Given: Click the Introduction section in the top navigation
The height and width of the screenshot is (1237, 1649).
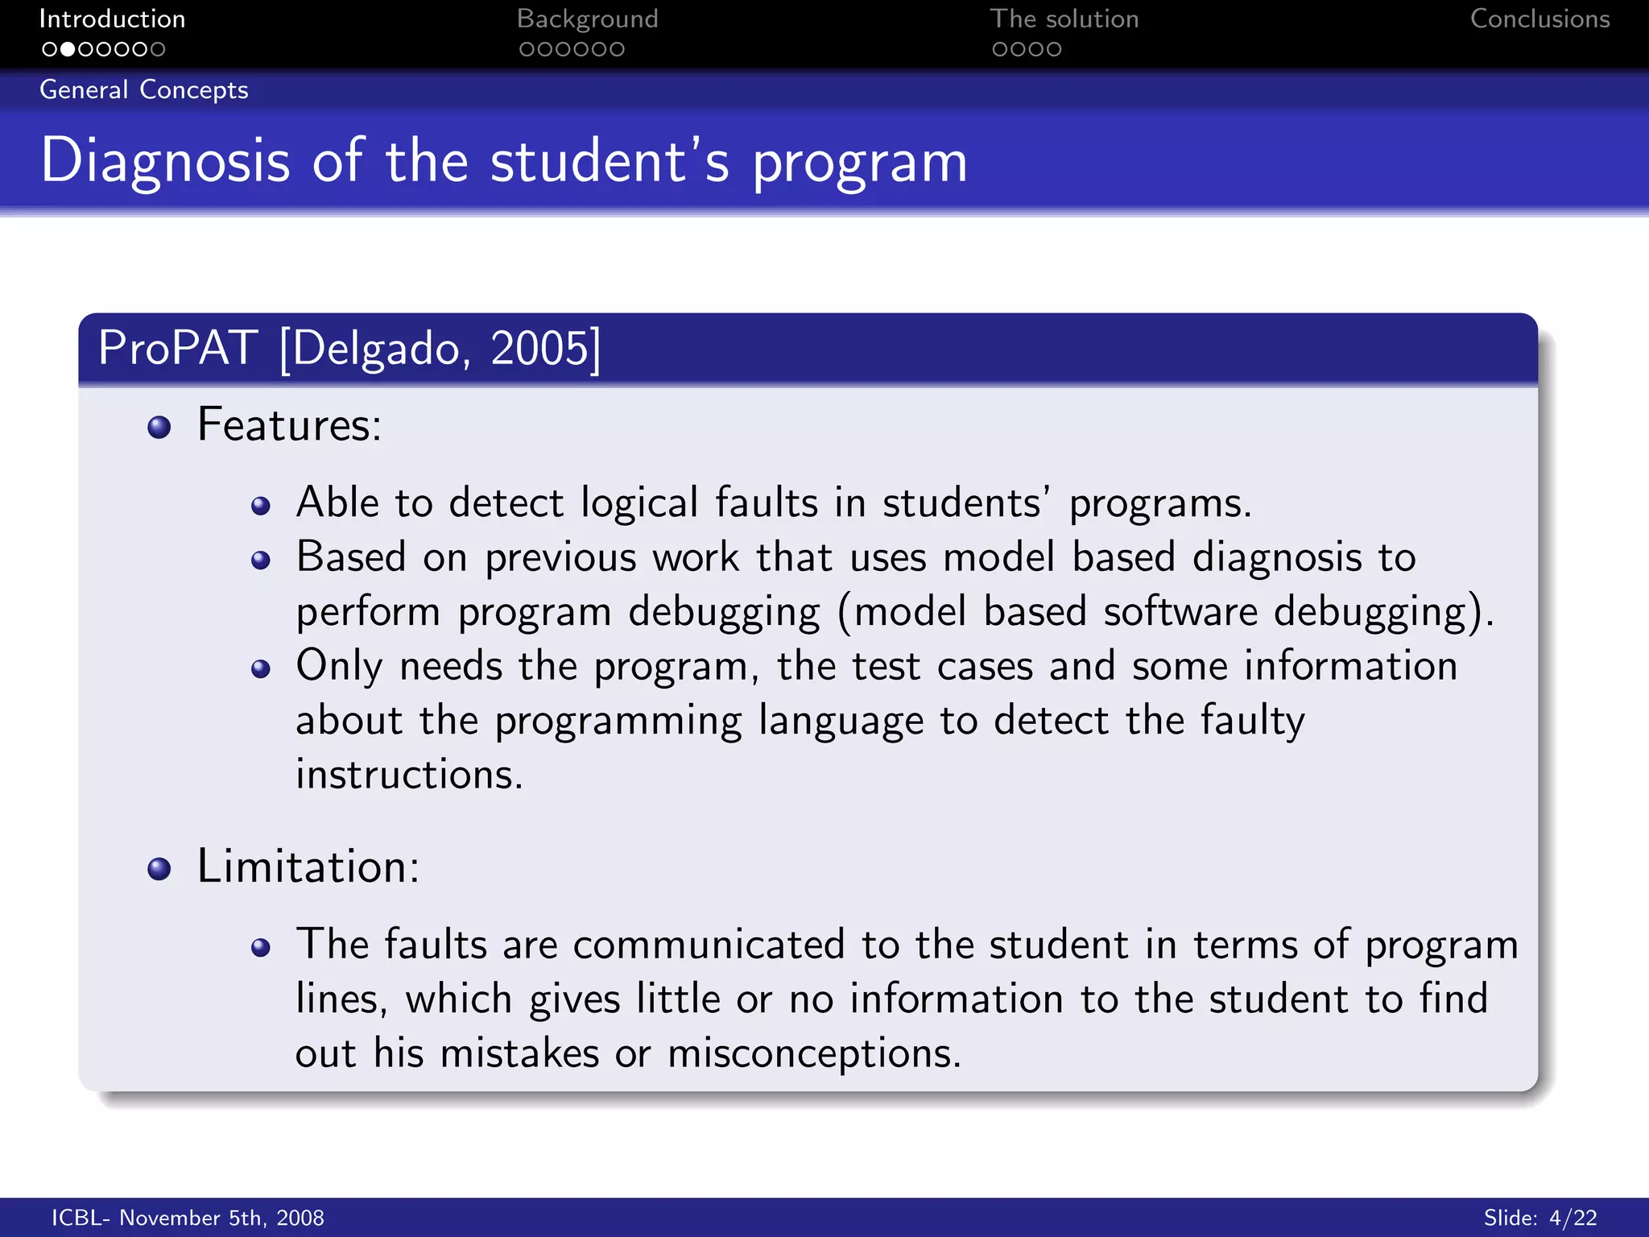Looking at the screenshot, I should tap(112, 19).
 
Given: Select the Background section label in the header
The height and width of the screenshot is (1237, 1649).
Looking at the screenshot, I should tap(587, 19).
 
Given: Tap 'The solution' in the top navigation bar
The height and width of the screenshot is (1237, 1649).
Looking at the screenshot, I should tap(1064, 19).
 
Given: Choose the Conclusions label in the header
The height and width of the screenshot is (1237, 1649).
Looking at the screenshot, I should tap(1539, 19).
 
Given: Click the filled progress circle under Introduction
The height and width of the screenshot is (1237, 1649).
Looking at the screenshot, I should tap(68, 49).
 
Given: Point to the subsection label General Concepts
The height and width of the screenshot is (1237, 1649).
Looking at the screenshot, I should tap(144, 89).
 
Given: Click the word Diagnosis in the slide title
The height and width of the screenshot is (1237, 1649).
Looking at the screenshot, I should tap(165, 161).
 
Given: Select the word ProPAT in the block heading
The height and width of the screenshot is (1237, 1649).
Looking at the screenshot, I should tap(178, 348).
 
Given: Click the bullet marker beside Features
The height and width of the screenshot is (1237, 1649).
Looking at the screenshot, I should tap(159, 427).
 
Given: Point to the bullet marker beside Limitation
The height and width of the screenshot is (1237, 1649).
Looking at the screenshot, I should tap(159, 868).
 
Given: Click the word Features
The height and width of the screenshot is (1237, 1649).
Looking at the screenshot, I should tap(288, 424).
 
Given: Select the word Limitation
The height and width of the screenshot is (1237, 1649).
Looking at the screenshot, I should tap(308, 867).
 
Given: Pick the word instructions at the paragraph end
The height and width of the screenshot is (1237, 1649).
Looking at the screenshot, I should tap(408, 775).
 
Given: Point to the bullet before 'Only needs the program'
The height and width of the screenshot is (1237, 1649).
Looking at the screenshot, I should tap(260, 668).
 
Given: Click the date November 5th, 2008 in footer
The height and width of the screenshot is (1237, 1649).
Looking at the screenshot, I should tap(221, 1218).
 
